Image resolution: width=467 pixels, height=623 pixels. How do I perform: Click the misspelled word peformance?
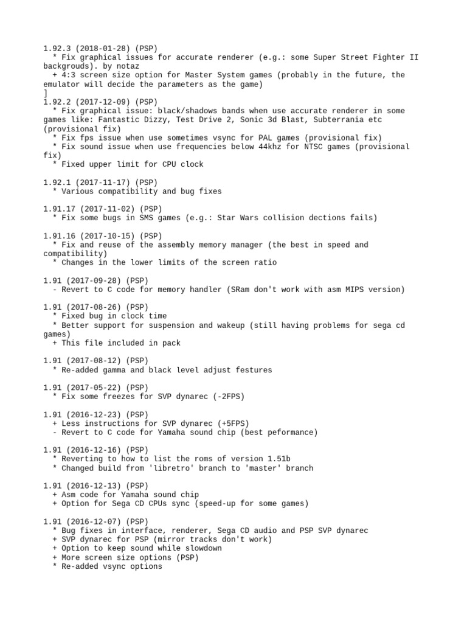point(293,433)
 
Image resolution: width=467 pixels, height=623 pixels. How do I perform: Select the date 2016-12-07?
point(94,521)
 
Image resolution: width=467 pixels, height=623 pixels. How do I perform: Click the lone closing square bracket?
point(46,93)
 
